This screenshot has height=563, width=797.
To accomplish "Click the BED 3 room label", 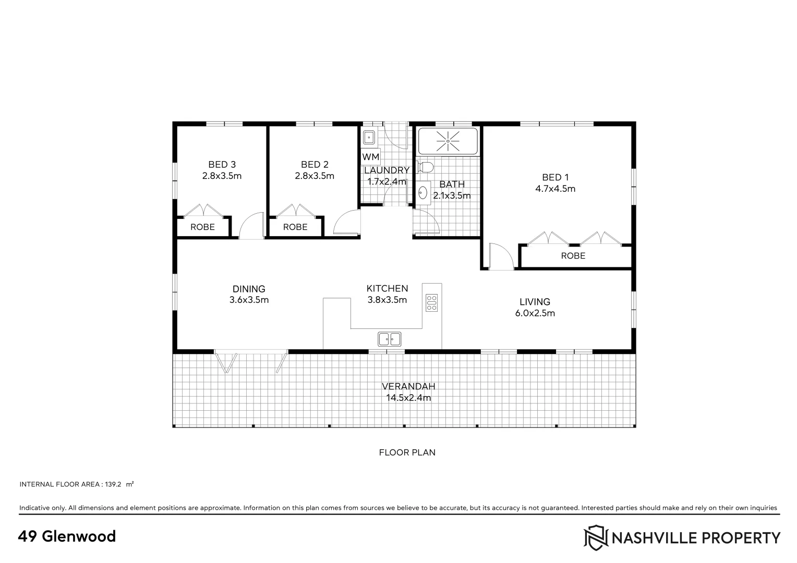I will [x=222, y=165].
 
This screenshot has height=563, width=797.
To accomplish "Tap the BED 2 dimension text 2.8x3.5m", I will [x=315, y=176].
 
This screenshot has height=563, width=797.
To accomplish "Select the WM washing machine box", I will [x=371, y=156].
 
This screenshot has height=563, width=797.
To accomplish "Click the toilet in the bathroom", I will [x=426, y=167].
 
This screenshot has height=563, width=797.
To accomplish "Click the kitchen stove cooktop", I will [x=431, y=303].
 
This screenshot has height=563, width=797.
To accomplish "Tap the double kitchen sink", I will [x=389, y=339].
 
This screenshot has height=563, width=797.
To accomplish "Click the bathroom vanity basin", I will [x=422, y=193].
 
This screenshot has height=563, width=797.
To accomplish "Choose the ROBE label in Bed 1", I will [x=573, y=256].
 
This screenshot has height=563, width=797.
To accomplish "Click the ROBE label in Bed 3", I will [x=202, y=227].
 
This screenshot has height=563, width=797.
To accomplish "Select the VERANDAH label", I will [x=408, y=387].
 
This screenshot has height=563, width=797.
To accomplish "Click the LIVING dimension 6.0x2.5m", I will [x=535, y=313].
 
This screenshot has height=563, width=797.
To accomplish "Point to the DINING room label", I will [x=249, y=289].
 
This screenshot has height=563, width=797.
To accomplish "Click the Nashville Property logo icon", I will [x=595, y=537].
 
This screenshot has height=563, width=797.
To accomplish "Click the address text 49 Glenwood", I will [x=67, y=536].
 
